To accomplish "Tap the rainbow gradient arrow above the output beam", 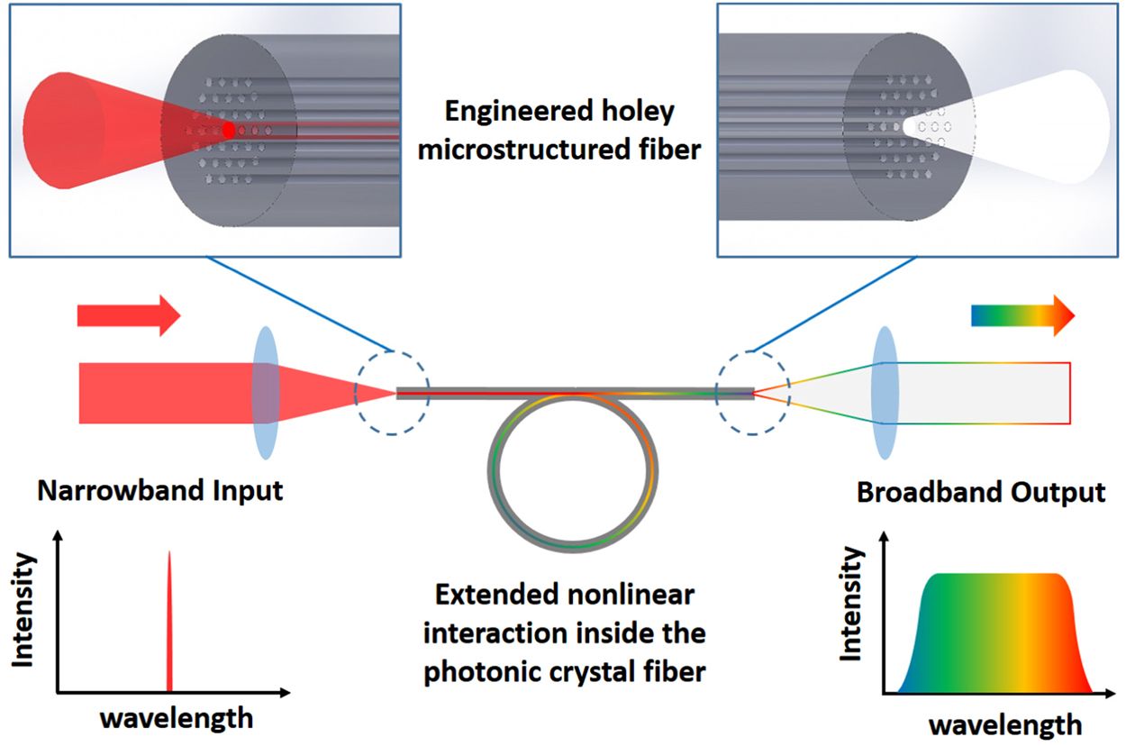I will point(1022,314).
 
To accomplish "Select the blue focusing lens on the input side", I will point(266,393).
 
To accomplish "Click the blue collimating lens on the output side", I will point(885,393).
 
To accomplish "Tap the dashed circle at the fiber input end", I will point(392,393).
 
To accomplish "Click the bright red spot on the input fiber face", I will point(229,131).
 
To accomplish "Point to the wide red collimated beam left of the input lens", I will point(162,393).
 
